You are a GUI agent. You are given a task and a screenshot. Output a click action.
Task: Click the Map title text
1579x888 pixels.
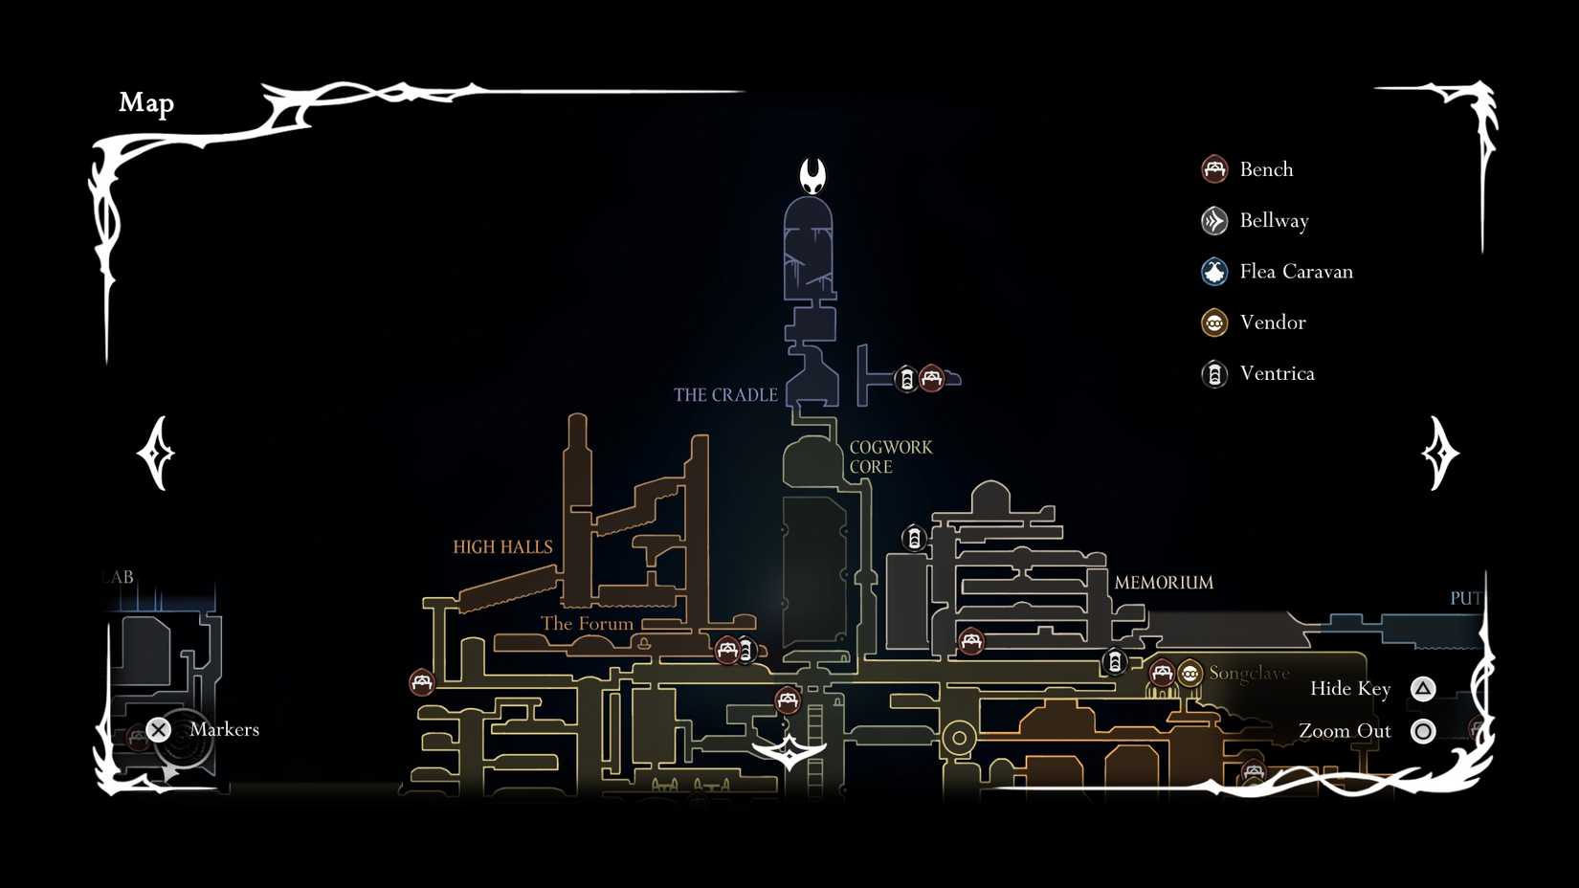tap(146, 102)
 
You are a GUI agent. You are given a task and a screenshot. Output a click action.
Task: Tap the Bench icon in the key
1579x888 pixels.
tap(1214, 169)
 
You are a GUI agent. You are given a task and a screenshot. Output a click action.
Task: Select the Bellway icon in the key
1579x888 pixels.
tap(1214, 221)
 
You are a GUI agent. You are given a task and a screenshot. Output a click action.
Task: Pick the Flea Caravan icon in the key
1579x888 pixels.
tap(1214, 272)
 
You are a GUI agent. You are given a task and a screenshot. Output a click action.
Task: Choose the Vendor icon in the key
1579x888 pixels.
tap(1214, 322)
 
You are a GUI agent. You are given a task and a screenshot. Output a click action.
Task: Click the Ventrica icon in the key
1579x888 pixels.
tap(1214, 373)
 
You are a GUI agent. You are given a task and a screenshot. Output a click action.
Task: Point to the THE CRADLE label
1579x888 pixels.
tap(725, 395)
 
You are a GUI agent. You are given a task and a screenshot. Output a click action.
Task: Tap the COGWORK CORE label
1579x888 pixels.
tap(890, 457)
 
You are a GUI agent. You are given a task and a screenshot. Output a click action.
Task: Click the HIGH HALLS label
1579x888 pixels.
tap(502, 547)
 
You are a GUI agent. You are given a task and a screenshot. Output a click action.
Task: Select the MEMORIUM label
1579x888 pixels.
tap(1164, 583)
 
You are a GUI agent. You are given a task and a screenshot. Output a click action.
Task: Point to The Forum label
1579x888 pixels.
tap(587, 624)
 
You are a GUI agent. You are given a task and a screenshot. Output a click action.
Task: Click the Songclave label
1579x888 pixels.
tap(1249, 673)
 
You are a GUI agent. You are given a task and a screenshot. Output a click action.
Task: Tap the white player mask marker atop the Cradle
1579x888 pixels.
tap(812, 175)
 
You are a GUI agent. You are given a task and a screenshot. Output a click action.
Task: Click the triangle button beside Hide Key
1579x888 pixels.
tap(1423, 689)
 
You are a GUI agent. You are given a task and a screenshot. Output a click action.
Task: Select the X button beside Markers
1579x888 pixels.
tap(159, 730)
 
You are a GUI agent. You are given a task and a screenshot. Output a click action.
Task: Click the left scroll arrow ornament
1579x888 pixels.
tap(157, 453)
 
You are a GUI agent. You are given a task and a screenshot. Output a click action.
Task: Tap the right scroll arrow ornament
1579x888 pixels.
tap(1439, 453)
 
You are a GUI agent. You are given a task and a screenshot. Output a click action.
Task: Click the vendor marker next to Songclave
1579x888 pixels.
tap(1190, 674)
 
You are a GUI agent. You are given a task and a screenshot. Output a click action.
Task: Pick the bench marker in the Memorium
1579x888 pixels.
tap(971, 641)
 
